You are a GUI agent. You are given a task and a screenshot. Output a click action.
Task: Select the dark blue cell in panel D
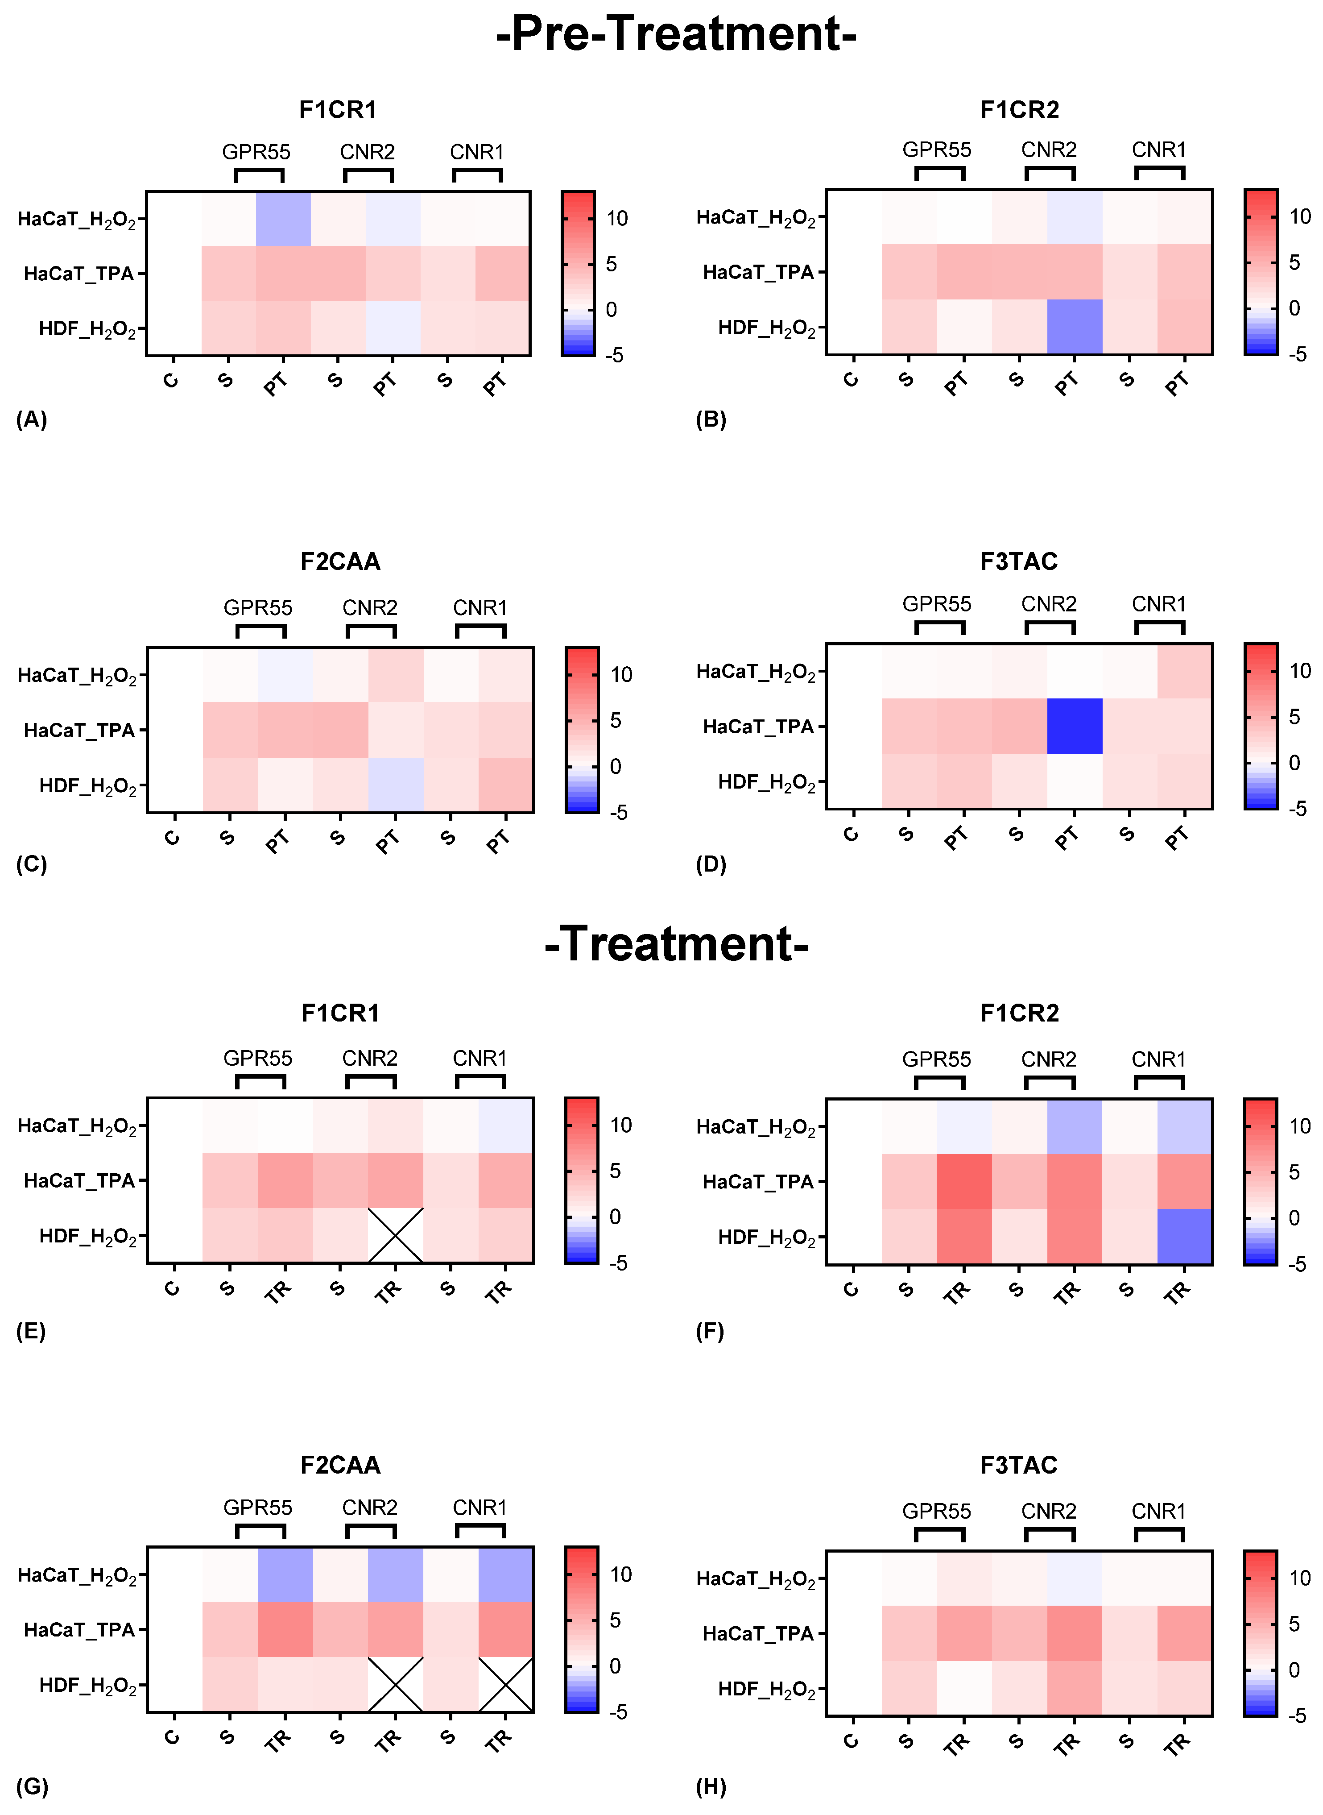[x=1074, y=726]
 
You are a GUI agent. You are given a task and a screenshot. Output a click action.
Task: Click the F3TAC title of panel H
[x=1019, y=1465]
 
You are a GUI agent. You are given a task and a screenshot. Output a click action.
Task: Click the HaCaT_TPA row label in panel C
[x=79, y=730]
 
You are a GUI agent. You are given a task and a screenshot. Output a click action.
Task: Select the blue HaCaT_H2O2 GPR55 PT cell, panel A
[x=284, y=219]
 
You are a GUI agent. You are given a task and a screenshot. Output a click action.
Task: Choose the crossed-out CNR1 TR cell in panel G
[x=505, y=1684]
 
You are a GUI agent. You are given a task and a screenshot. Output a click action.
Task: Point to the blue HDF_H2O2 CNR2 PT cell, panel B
[x=1074, y=327]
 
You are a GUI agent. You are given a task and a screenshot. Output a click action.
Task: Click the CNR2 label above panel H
[x=1048, y=1511]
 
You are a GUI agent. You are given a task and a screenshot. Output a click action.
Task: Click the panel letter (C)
[x=32, y=864]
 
